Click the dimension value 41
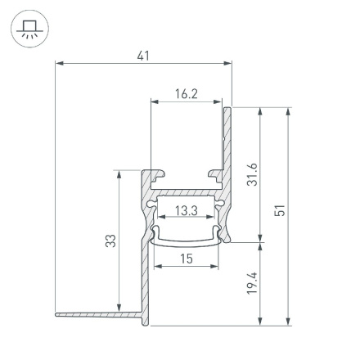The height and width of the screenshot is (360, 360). click(x=143, y=56)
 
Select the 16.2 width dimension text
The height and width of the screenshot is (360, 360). click(x=186, y=94)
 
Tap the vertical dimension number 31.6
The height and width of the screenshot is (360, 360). click(x=253, y=173)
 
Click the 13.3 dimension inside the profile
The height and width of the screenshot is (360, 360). click(x=186, y=211)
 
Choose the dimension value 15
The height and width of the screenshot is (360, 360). click(x=186, y=259)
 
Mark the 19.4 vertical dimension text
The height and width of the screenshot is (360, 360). click(x=253, y=283)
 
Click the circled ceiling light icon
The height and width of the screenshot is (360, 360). click(x=29, y=30)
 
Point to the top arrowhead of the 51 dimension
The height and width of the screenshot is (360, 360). click(x=288, y=110)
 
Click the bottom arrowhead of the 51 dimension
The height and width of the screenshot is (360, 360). click(x=288, y=322)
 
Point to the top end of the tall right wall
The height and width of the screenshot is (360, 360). click(x=227, y=108)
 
